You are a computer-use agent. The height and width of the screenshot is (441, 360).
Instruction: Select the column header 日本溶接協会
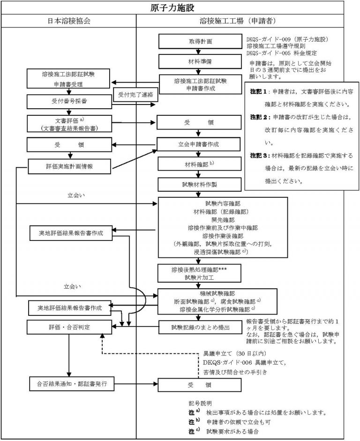[69, 22]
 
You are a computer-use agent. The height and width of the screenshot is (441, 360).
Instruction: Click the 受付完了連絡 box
[135, 95]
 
